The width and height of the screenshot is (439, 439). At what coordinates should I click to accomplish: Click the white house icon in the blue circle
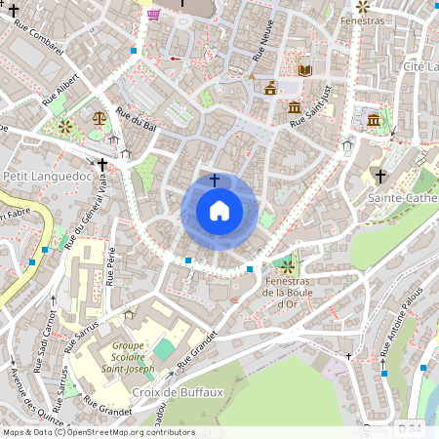click(x=219, y=210)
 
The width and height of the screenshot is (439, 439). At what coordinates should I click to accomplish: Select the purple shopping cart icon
click(x=153, y=14)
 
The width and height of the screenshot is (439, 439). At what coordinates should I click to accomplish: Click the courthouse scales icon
click(x=99, y=116)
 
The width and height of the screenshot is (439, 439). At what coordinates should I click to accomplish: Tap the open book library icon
click(x=304, y=70)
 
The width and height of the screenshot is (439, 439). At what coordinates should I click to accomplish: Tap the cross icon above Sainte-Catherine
click(x=381, y=178)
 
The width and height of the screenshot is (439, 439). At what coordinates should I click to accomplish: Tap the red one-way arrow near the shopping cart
click(x=176, y=59)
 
